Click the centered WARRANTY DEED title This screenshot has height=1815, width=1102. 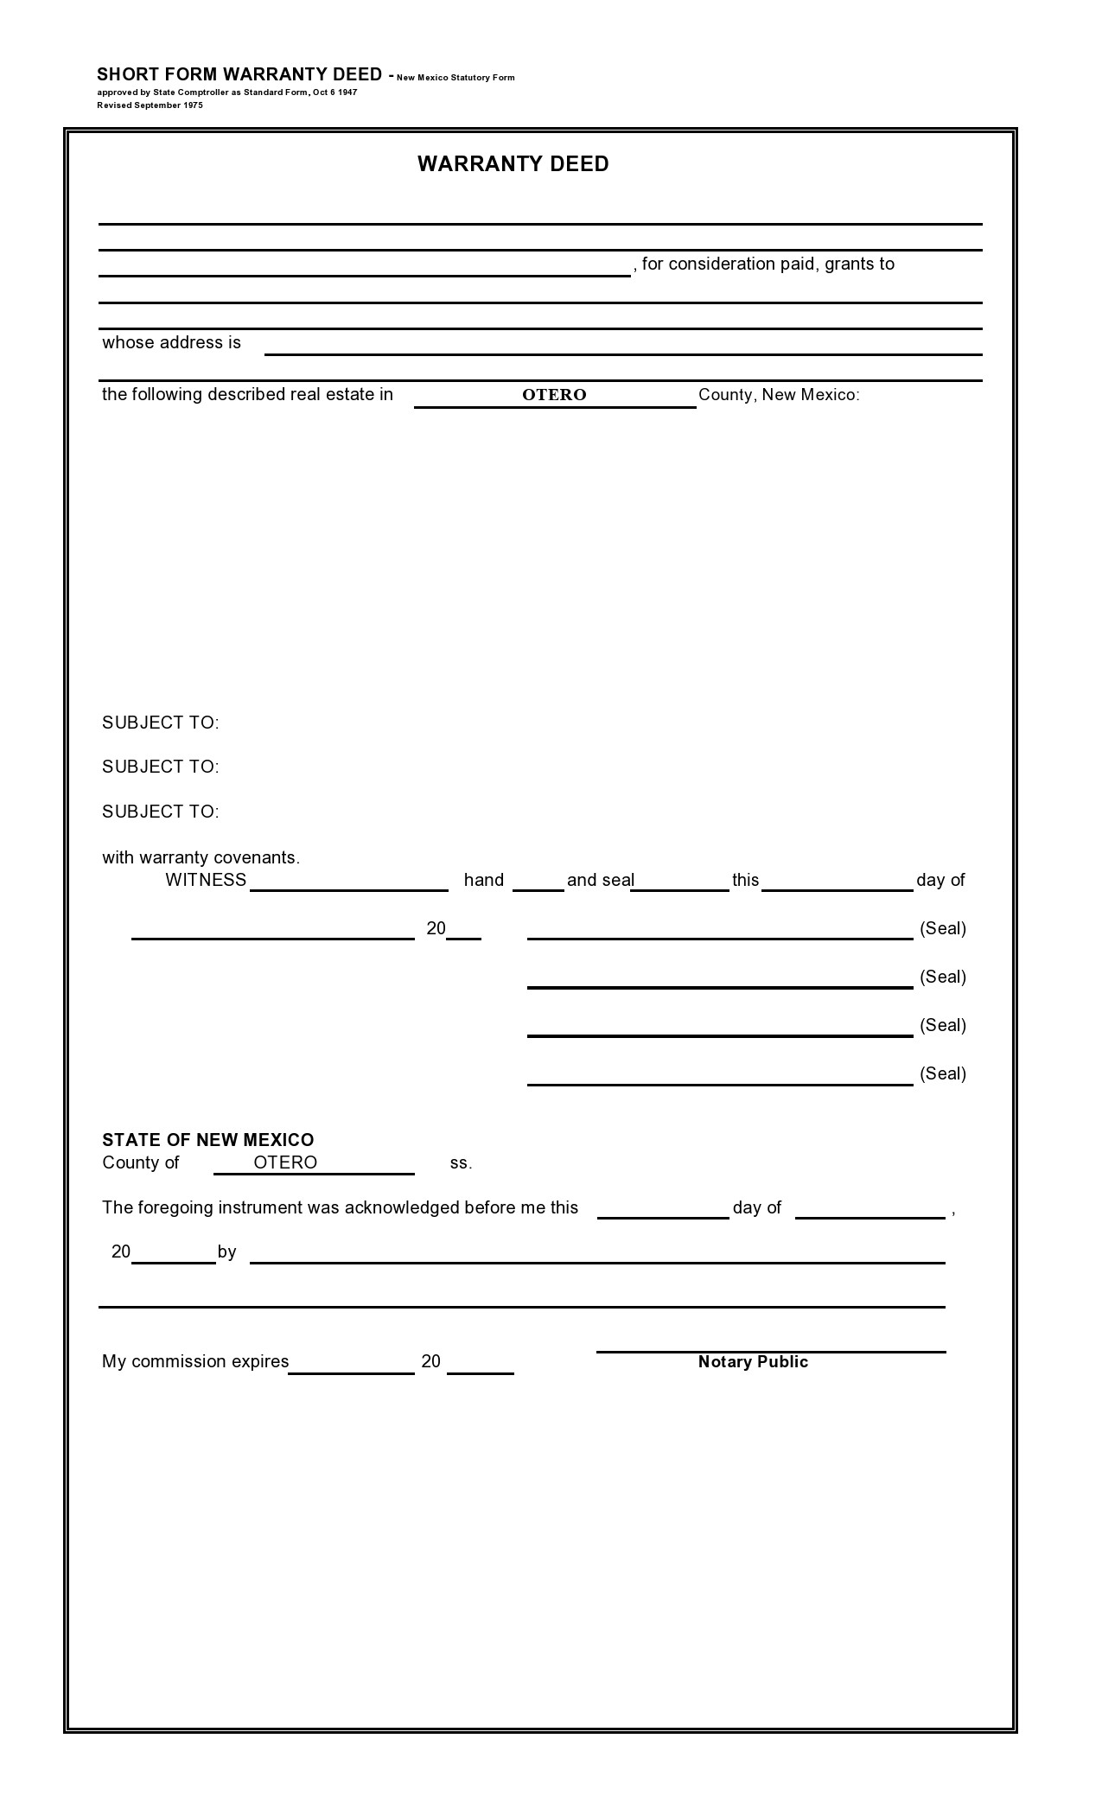coord(513,164)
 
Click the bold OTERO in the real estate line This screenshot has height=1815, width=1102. coord(554,395)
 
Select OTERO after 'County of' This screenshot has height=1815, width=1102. coord(285,1162)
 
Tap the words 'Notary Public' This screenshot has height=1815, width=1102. coord(753,1362)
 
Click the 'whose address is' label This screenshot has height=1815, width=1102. coord(171,343)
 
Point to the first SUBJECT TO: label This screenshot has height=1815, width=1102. coord(161,723)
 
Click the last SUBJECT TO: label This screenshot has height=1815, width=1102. coord(161,812)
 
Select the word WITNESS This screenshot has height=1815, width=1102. coord(206,880)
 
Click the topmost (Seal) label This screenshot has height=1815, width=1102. coord(943,928)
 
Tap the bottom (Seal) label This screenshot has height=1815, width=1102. coord(943,1073)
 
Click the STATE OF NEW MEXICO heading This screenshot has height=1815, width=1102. coord(207,1140)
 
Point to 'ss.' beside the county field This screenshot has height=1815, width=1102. coord(461,1163)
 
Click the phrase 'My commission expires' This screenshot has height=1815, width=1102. coord(195,1362)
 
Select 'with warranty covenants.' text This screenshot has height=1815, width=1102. coord(201,858)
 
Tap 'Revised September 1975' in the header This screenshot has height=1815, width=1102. coord(150,105)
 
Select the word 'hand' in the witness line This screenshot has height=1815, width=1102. coord(483,880)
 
